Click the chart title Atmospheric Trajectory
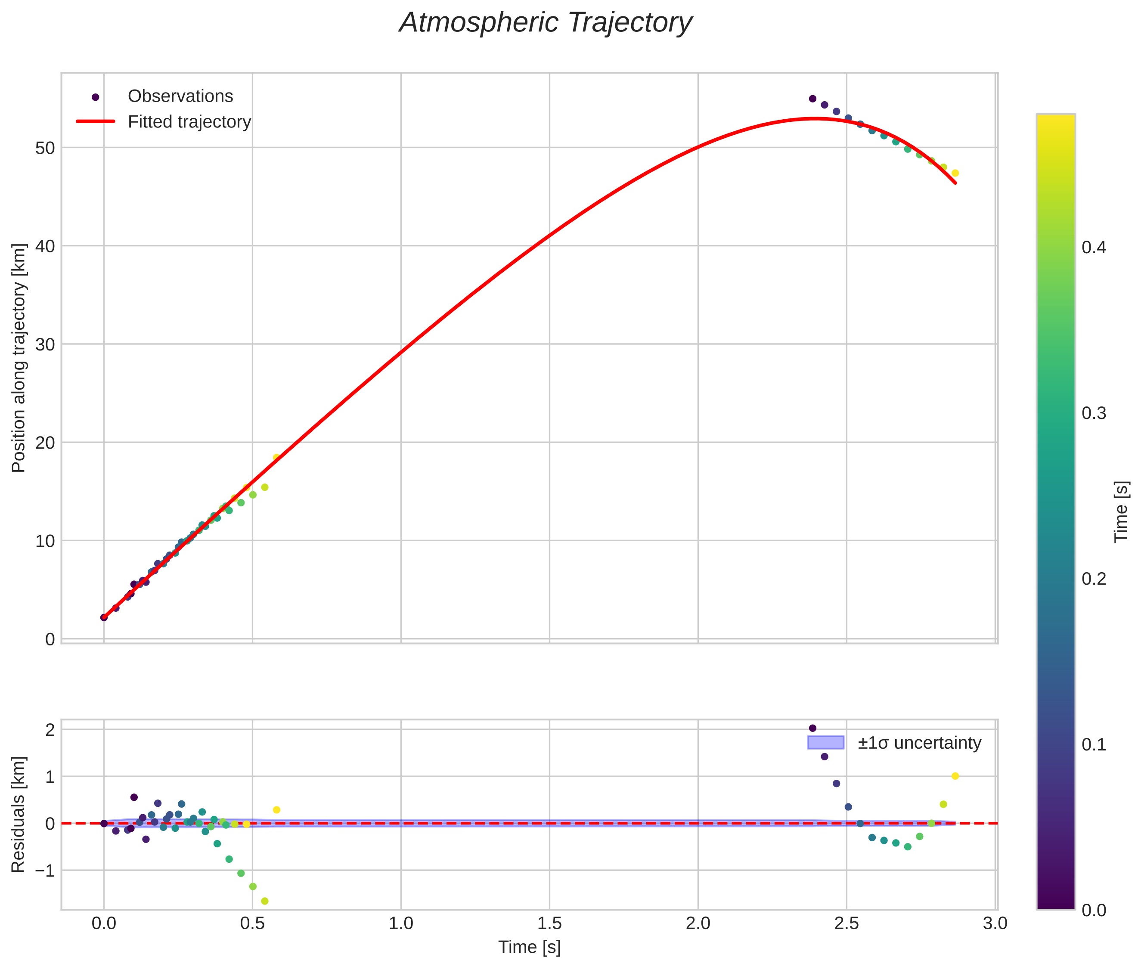click(x=546, y=23)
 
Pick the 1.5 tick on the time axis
click(x=549, y=924)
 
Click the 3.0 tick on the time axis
click(x=995, y=924)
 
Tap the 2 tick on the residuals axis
click(x=50, y=730)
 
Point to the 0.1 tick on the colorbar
click(x=1094, y=745)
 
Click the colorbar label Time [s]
click(x=1122, y=511)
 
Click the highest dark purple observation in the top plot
click(x=812, y=99)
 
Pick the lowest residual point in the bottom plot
click(x=265, y=901)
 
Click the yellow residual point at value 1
click(x=955, y=776)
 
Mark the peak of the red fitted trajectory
click(x=815, y=118)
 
